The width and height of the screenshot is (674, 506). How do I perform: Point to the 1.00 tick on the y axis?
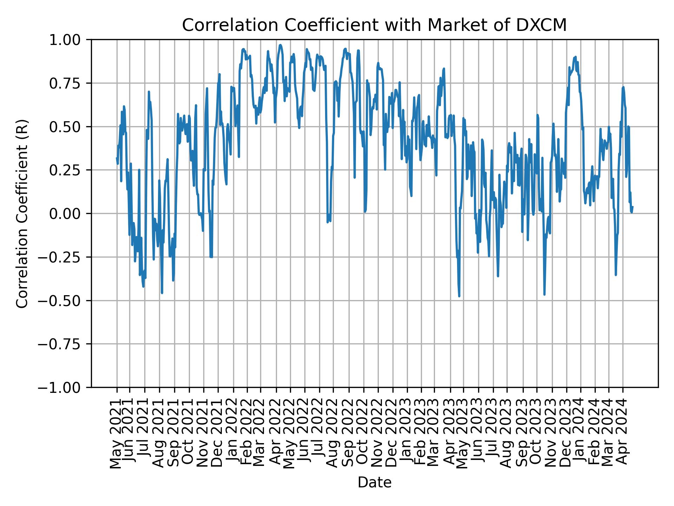click(69, 40)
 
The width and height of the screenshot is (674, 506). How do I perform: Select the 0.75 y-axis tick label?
click(69, 83)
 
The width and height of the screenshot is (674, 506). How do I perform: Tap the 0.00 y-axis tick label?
click(69, 214)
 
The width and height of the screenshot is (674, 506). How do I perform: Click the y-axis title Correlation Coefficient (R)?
click(22, 214)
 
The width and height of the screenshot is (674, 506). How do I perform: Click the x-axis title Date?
click(375, 482)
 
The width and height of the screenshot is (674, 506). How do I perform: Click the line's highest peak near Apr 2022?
click(280, 45)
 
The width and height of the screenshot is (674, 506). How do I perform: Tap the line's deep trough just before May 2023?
click(459, 296)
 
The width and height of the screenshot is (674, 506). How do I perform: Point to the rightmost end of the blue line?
click(632, 207)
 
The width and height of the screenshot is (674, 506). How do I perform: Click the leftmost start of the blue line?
click(117, 158)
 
